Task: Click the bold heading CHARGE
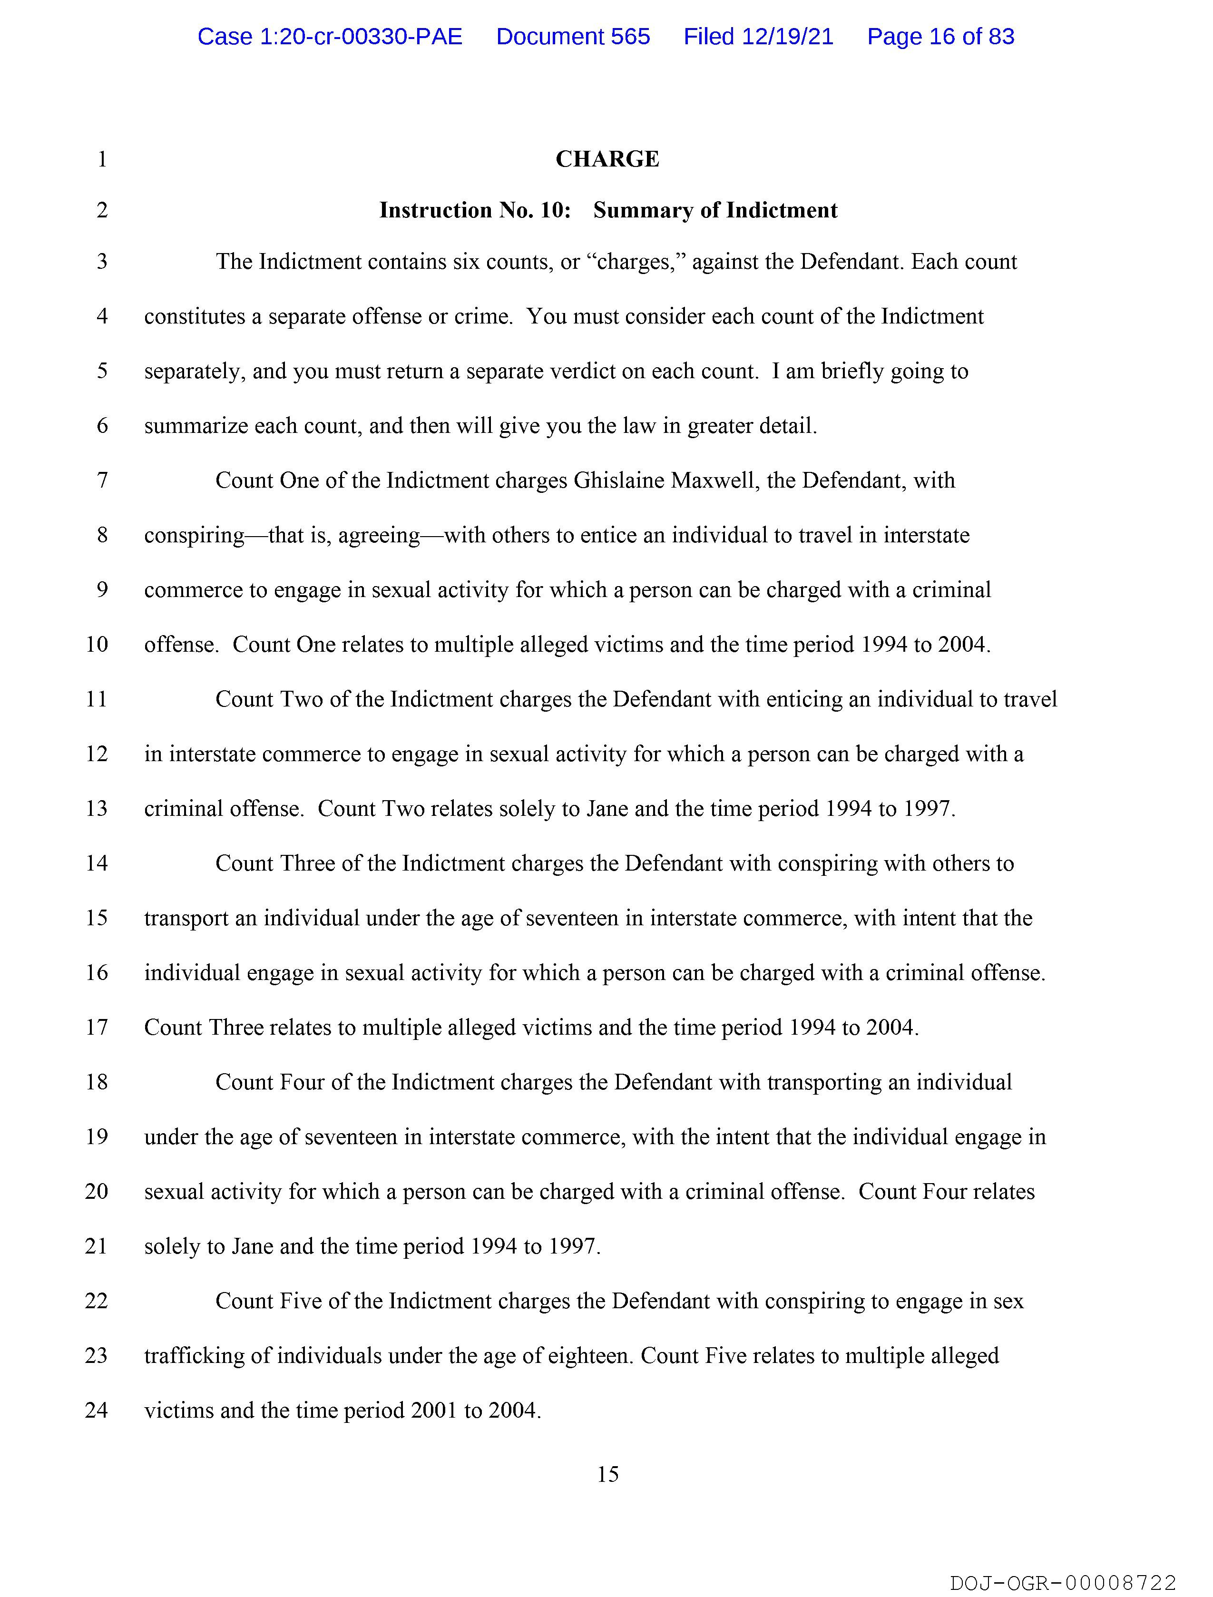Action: click(607, 159)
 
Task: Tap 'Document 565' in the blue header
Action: click(573, 37)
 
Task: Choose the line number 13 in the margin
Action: click(97, 809)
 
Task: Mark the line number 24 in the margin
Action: click(97, 1410)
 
